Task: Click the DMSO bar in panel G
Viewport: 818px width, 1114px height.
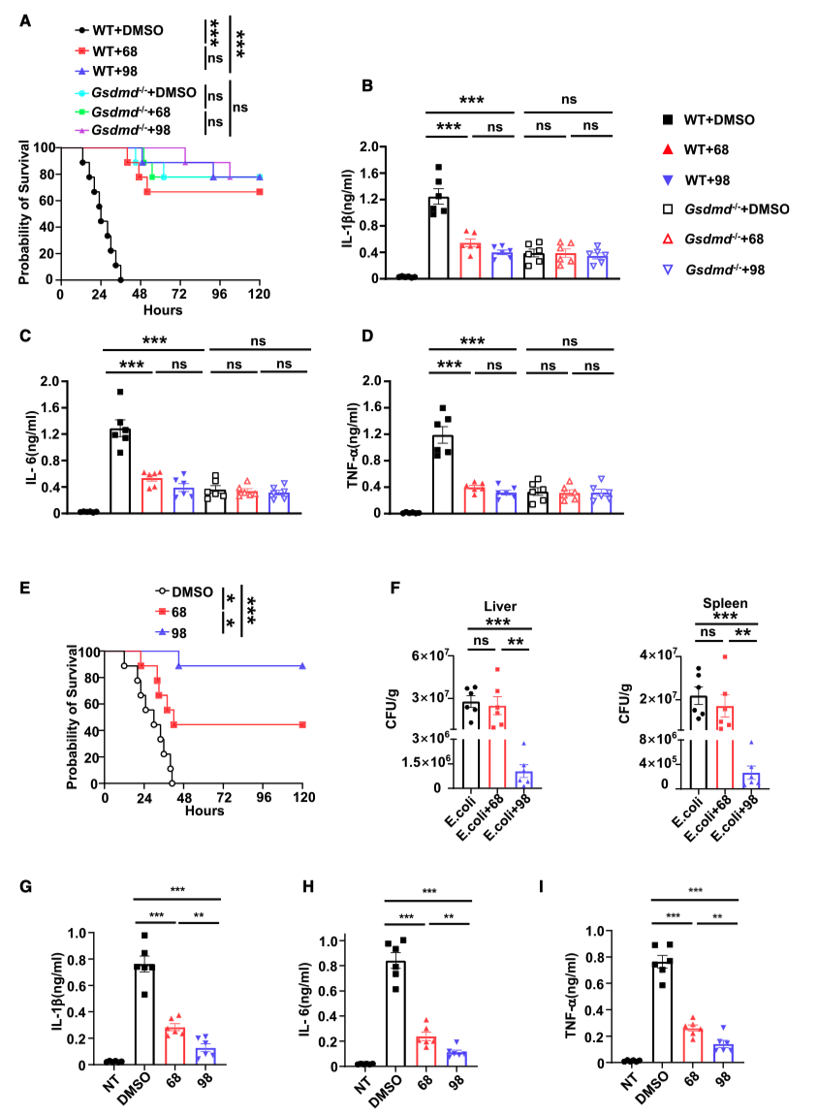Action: [144, 1017]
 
